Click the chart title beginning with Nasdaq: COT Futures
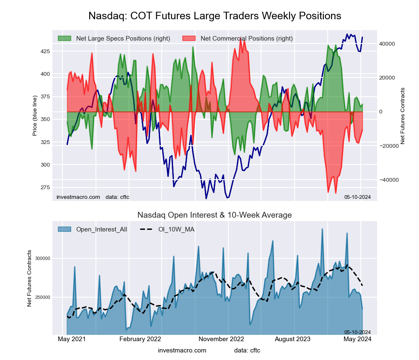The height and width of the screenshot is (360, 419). pos(215,16)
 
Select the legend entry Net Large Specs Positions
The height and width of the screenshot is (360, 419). pos(123,39)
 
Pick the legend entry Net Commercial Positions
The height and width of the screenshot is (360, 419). pos(246,39)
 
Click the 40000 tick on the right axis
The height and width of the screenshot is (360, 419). pos(388,44)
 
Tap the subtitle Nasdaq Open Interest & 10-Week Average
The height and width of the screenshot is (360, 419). pos(215,215)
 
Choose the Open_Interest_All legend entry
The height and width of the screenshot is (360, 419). pos(102,229)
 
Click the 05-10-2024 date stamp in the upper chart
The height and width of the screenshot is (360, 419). pos(357,197)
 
